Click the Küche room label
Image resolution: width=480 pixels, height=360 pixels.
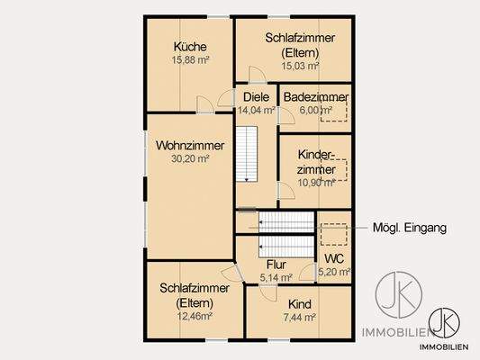pos(191,47)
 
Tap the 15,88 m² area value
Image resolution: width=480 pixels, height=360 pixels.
pos(191,61)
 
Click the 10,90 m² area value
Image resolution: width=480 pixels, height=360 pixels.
pos(316,182)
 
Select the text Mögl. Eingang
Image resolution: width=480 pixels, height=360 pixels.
pos(410,229)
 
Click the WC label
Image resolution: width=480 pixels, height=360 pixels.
pos(333,258)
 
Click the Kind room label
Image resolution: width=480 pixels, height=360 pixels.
pos(298,304)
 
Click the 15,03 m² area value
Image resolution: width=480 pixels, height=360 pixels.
pos(300,66)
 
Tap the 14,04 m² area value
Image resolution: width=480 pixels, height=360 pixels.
pos(256,111)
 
